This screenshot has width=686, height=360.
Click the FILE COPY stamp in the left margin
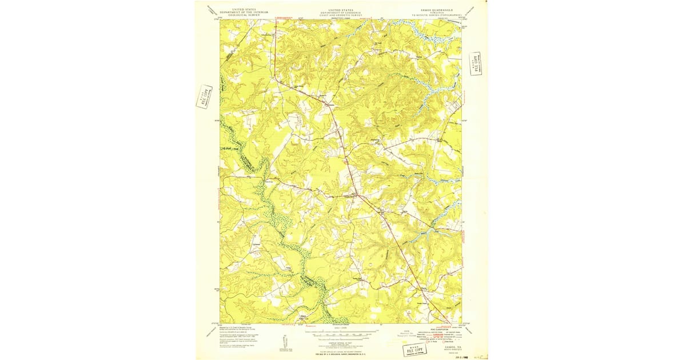pos(204,97)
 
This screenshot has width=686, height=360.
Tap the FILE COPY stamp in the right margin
pos(474,63)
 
